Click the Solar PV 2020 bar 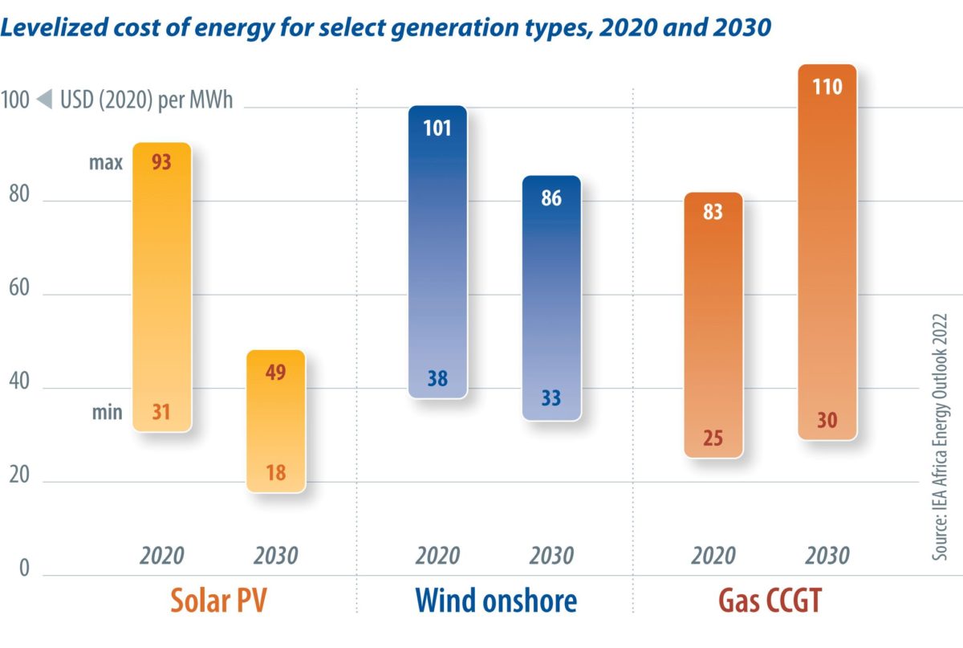pyautogui.click(x=162, y=287)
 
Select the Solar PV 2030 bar pyautogui.click(x=276, y=421)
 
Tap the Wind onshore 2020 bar pyautogui.click(x=437, y=252)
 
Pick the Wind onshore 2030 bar pyautogui.click(x=551, y=297)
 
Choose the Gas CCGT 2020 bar pyautogui.click(x=713, y=325)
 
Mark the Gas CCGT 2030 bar pyautogui.click(x=827, y=252)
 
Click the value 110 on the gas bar pyautogui.click(x=827, y=86)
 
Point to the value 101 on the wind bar pyautogui.click(x=437, y=128)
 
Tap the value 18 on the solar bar pyautogui.click(x=276, y=472)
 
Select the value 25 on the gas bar pyautogui.click(x=713, y=438)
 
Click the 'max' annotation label pyautogui.click(x=106, y=163)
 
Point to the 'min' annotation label pyautogui.click(x=106, y=413)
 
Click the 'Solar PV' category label pyautogui.click(x=218, y=601)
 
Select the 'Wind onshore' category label pyautogui.click(x=495, y=601)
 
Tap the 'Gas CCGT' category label pyautogui.click(x=770, y=601)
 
